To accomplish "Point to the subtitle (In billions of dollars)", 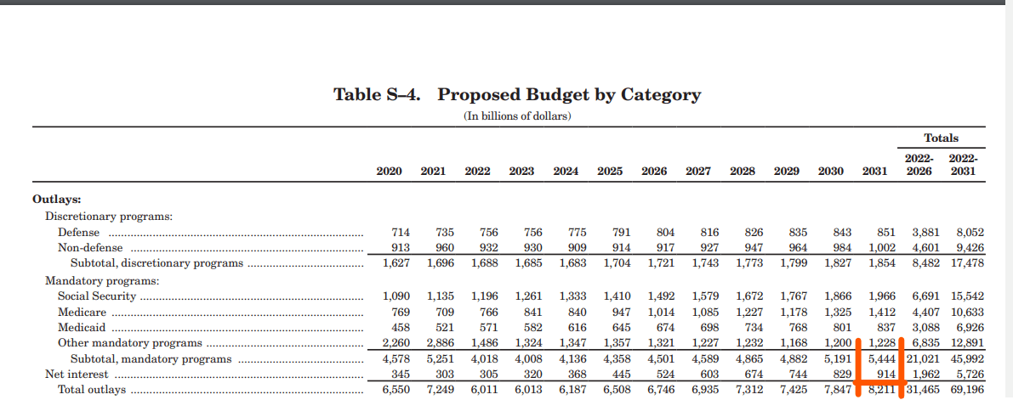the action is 517,116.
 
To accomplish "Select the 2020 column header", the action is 389,172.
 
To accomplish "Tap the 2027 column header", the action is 698,172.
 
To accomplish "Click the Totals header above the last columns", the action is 941,138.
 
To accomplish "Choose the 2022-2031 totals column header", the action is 963,165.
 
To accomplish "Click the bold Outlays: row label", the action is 56,200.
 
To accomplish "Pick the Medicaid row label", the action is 82,327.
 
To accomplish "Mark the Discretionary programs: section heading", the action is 109,216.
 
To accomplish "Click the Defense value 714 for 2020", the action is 401,232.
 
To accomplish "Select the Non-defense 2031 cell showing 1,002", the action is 880,248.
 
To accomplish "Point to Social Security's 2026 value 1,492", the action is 662,296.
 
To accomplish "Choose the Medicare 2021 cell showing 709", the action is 445,312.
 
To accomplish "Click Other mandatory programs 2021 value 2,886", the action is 440,342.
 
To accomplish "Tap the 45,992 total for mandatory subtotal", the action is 967,358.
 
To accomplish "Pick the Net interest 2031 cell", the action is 883,375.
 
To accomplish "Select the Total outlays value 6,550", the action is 396,391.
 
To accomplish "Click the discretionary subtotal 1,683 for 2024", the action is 573,263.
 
